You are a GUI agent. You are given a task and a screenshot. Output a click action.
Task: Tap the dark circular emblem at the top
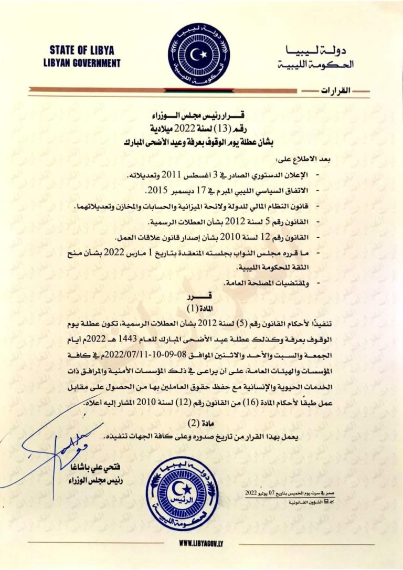199,55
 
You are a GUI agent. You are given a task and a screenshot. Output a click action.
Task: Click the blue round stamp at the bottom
182,493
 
